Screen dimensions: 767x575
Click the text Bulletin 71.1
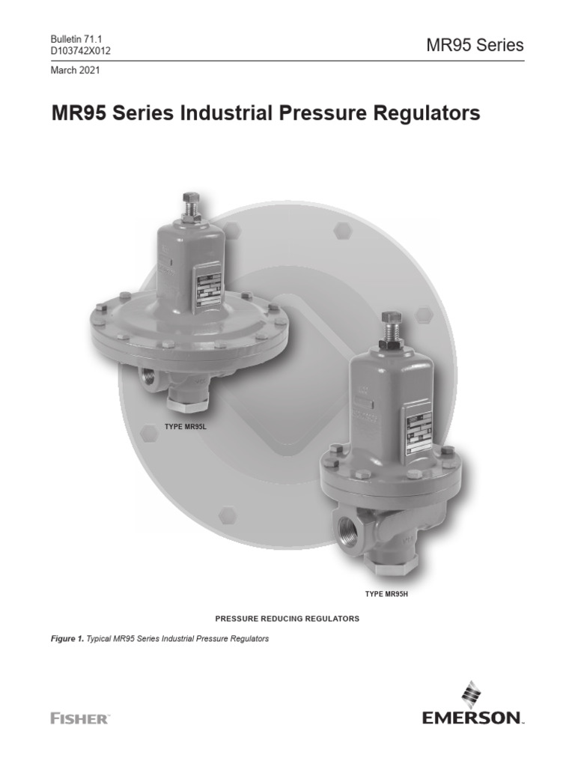(75, 39)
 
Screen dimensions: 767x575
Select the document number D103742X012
(82, 50)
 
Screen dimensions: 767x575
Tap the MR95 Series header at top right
(475, 45)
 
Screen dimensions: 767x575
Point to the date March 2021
(75, 70)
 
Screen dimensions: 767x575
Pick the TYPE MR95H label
(385, 594)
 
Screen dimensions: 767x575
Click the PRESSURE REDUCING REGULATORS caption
(287, 619)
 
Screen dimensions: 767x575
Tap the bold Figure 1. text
(67, 640)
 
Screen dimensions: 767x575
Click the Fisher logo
(80, 718)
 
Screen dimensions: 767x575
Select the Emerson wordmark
(472, 718)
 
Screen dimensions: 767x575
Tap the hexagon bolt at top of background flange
(342, 230)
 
